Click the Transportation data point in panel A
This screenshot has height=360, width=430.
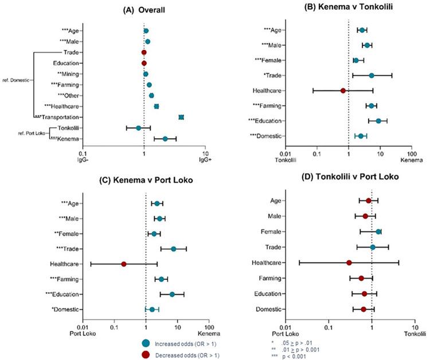[x=181, y=117]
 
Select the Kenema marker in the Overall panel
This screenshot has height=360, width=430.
[x=165, y=139]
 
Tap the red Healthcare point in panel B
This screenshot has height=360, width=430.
[x=343, y=91]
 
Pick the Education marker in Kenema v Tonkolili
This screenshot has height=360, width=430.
[x=378, y=121]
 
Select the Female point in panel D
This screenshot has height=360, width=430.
[x=378, y=232]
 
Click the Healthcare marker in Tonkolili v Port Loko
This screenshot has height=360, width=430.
[x=349, y=263]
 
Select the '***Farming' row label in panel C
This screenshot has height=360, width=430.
[x=67, y=279]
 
